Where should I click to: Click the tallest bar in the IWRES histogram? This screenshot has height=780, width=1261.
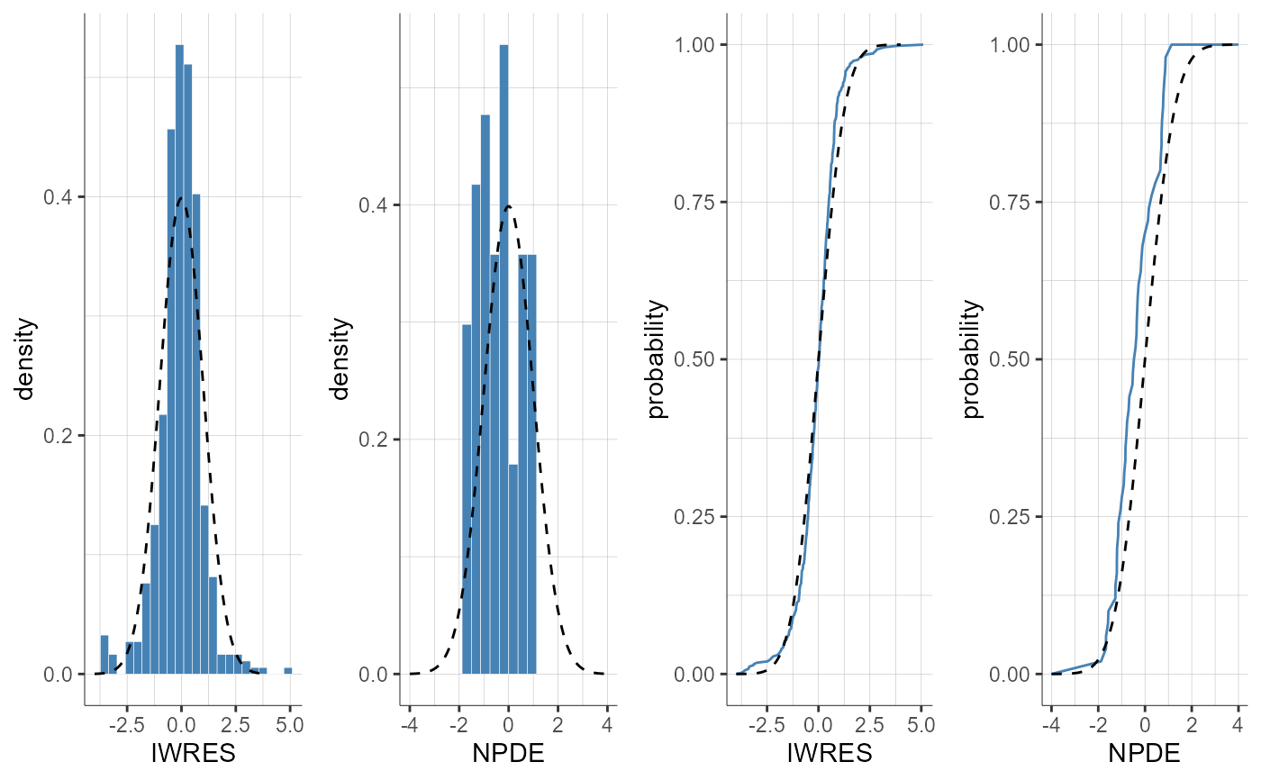[x=179, y=360]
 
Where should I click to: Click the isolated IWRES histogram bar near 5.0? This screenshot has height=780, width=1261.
[x=288, y=670]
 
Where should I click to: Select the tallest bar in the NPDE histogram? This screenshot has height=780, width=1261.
[x=503, y=360]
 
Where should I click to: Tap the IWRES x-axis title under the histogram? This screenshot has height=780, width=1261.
[x=194, y=753]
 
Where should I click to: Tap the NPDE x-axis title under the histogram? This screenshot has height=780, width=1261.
[x=508, y=753]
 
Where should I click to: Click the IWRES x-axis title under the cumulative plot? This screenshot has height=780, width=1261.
[x=830, y=753]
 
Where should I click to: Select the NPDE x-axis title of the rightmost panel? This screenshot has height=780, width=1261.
[x=1144, y=753]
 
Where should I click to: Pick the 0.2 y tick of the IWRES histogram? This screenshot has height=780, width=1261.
[x=60, y=435]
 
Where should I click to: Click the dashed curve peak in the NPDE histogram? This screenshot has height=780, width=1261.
[x=508, y=206]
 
